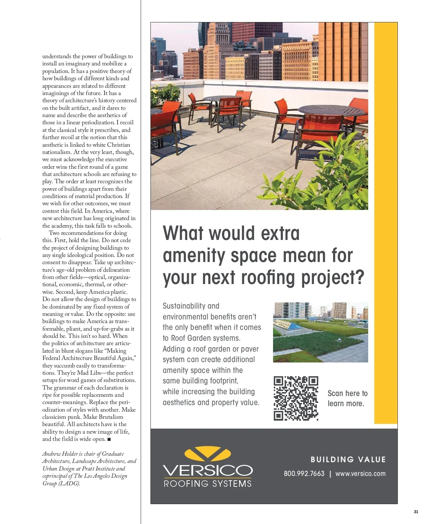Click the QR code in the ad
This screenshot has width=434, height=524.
[296, 398]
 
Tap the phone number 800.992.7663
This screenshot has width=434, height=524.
[304, 474]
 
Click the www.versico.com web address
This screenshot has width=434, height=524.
[360, 474]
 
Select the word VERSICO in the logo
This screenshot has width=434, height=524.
[208, 471]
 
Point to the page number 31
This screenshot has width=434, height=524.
[416, 512]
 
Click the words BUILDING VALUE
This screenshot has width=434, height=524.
[348, 460]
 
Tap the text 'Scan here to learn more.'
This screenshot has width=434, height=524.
[347, 399]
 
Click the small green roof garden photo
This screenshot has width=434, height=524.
[320, 332]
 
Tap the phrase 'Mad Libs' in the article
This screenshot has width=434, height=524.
[88, 373]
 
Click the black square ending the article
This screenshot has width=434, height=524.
[109, 439]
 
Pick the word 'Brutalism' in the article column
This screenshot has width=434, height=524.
[113, 417]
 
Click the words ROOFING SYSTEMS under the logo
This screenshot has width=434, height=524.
[208, 484]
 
